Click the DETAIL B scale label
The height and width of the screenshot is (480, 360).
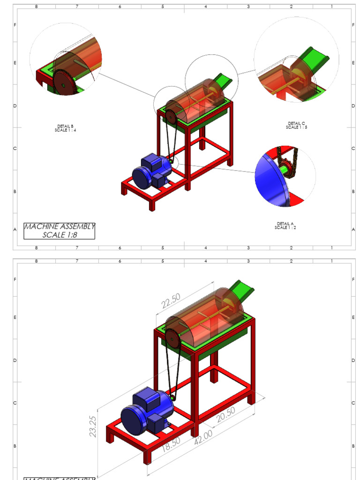65,128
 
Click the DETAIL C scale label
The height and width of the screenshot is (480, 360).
296,125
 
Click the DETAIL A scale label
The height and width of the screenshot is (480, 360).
285,225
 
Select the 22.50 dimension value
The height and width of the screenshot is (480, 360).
171,301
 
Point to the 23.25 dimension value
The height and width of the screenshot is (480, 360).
93,427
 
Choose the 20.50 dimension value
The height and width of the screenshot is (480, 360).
225,414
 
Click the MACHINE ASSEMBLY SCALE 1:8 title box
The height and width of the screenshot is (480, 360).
60,231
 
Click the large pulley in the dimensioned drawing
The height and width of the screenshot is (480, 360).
172,338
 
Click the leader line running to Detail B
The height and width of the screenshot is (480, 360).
127,84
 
